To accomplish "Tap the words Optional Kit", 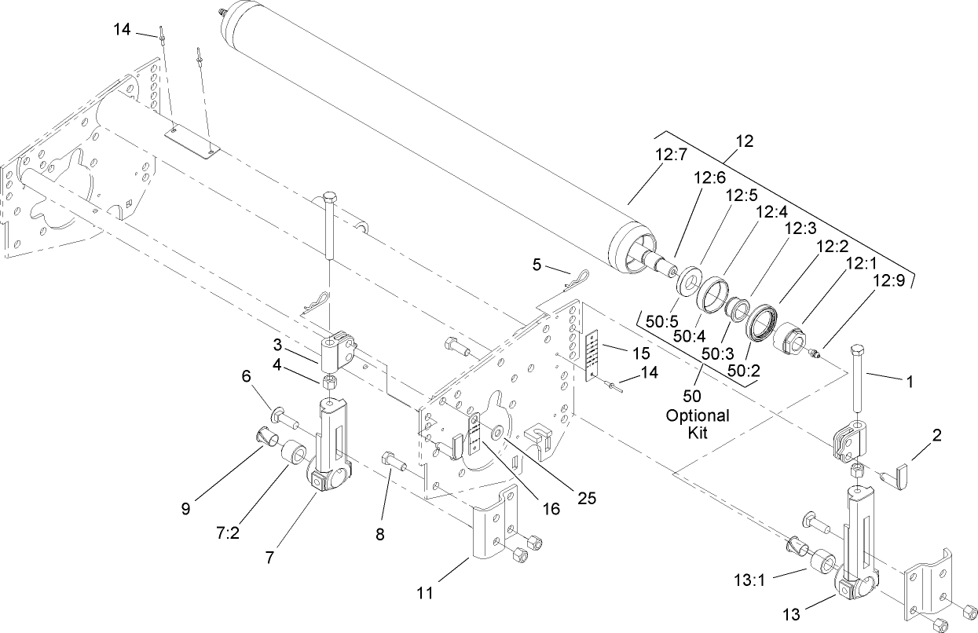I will pyautogui.click(x=696, y=423).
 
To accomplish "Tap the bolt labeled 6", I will pyautogui.click(x=283, y=417).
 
